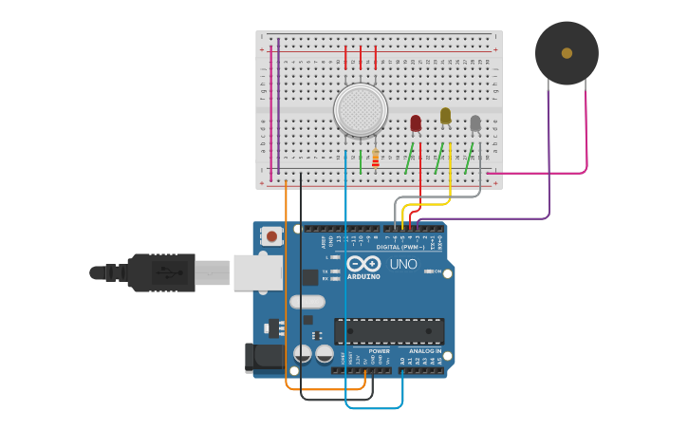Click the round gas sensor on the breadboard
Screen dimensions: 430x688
pyautogui.click(x=362, y=108)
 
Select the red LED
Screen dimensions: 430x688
pyautogui.click(x=416, y=123)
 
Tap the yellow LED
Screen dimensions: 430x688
pyautogui.click(x=445, y=116)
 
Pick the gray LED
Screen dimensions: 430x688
pyautogui.click(x=475, y=123)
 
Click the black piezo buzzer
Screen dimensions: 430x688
pyautogui.click(x=567, y=53)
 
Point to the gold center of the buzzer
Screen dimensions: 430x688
pyautogui.click(x=567, y=53)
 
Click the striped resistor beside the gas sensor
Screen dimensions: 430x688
pyautogui.click(x=375, y=159)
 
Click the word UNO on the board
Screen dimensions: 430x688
pyautogui.click(x=403, y=264)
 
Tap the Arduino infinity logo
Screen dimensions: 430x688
pyautogui.click(x=363, y=264)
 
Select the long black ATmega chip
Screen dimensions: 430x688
pyautogui.click(x=389, y=331)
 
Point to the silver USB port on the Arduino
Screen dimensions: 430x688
pyautogui.click(x=257, y=272)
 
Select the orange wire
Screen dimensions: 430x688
pyautogui.click(x=286, y=285)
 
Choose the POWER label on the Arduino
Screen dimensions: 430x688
pyautogui.click(x=379, y=351)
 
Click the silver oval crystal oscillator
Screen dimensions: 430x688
pyautogui.click(x=307, y=302)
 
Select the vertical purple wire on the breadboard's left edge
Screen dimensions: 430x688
pyautogui.click(x=278, y=104)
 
